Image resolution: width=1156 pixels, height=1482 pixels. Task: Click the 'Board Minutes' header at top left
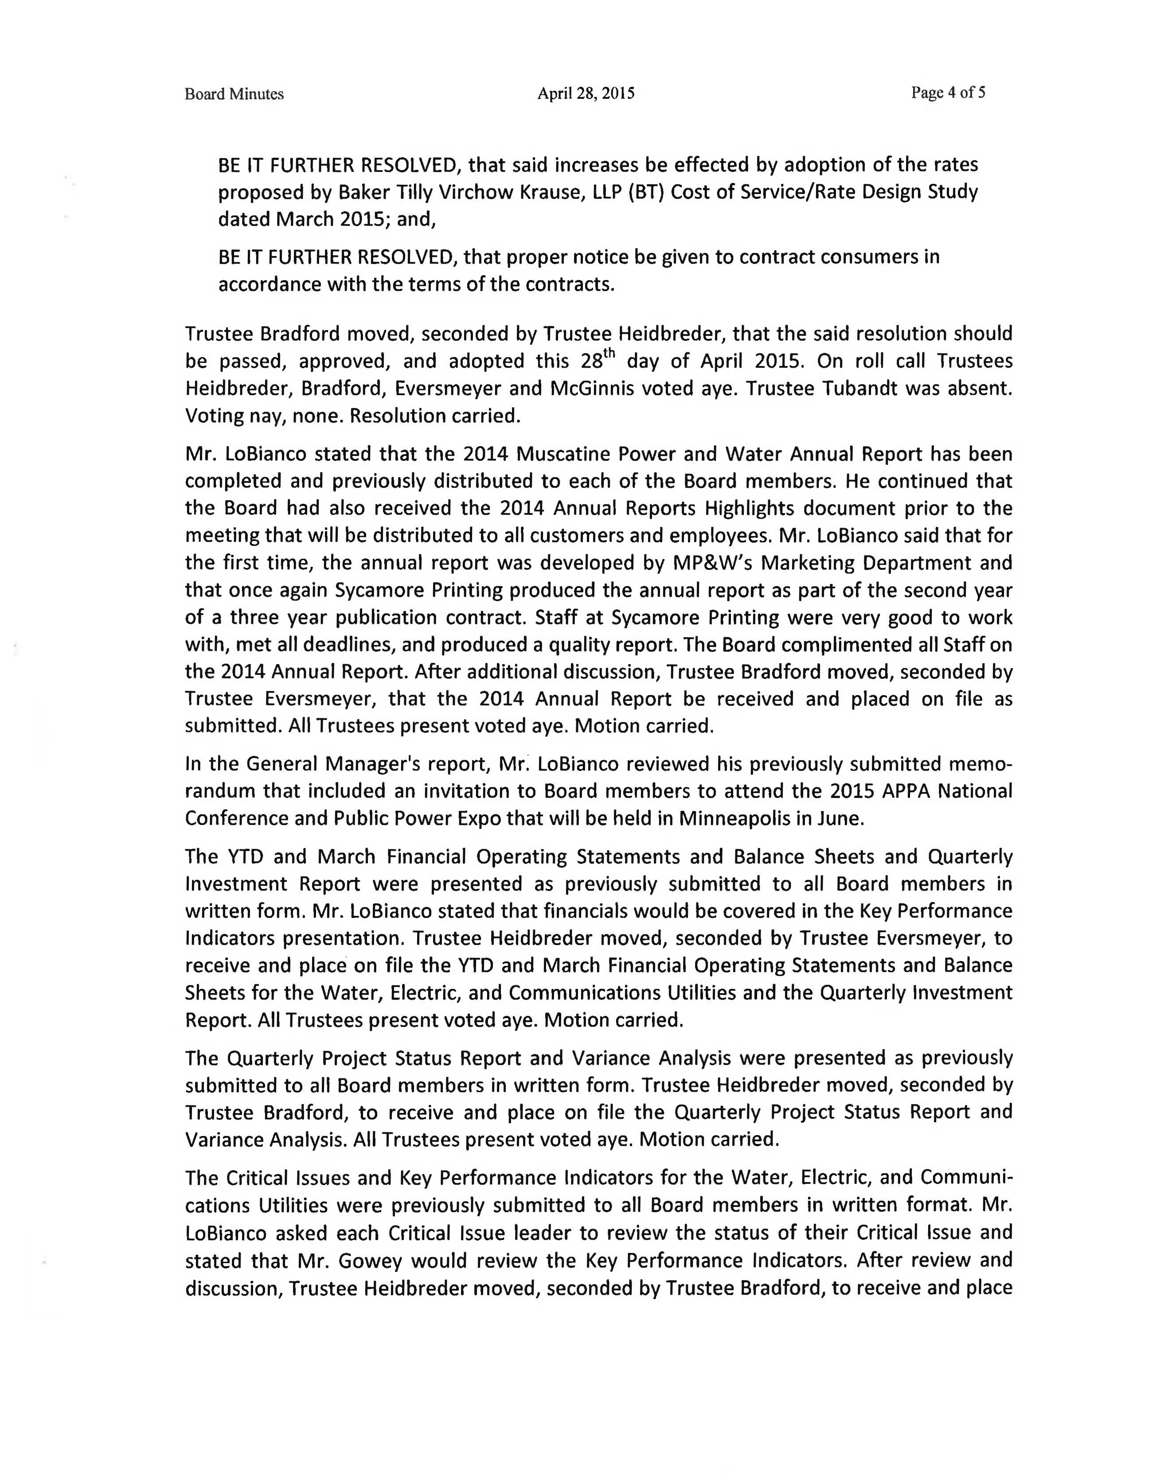coord(234,94)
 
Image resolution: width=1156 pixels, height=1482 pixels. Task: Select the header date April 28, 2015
coord(586,93)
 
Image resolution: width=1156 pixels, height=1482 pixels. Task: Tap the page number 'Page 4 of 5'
coord(948,92)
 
